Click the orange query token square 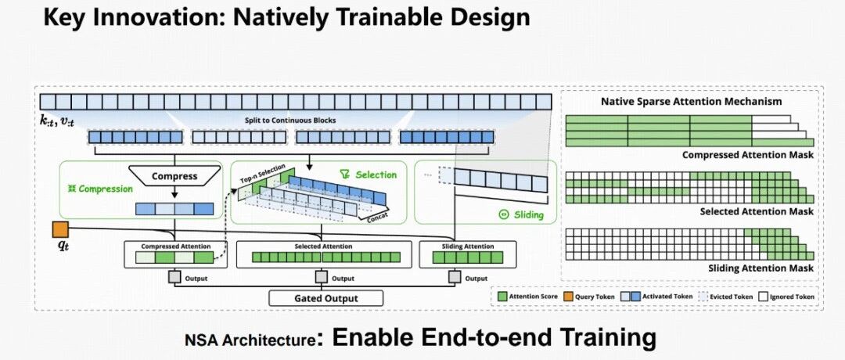click(60, 230)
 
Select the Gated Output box click(325, 298)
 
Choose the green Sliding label click(523, 214)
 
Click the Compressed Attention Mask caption click(747, 155)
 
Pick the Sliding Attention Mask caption click(758, 268)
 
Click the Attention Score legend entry click(531, 297)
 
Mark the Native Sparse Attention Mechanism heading click(691, 102)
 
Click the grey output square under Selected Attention click(321, 277)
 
